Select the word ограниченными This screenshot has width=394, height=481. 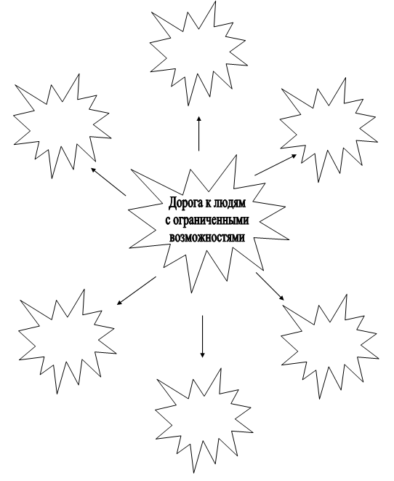point(211,220)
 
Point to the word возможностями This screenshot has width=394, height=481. point(208,237)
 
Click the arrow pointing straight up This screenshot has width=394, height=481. point(199,134)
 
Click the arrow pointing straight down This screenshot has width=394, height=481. point(202,336)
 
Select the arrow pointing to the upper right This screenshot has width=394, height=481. point(276,164)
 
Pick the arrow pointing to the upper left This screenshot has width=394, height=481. point(108,181)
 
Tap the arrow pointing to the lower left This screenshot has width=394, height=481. point(137,291)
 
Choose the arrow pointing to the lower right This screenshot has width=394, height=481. point(270,286)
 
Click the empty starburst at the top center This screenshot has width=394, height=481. point(199,54)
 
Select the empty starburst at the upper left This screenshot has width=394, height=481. point(63,127)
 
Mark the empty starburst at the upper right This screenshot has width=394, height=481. point(329,130)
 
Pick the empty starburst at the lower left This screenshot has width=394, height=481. point(68,341)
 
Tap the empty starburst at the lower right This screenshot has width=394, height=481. point(330,346)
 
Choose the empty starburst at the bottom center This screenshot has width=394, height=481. point(204,421)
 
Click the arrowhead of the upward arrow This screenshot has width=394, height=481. point(199,119)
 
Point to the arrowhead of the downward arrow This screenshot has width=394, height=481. point(202,354)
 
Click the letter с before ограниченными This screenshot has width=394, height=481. point(168,221)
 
